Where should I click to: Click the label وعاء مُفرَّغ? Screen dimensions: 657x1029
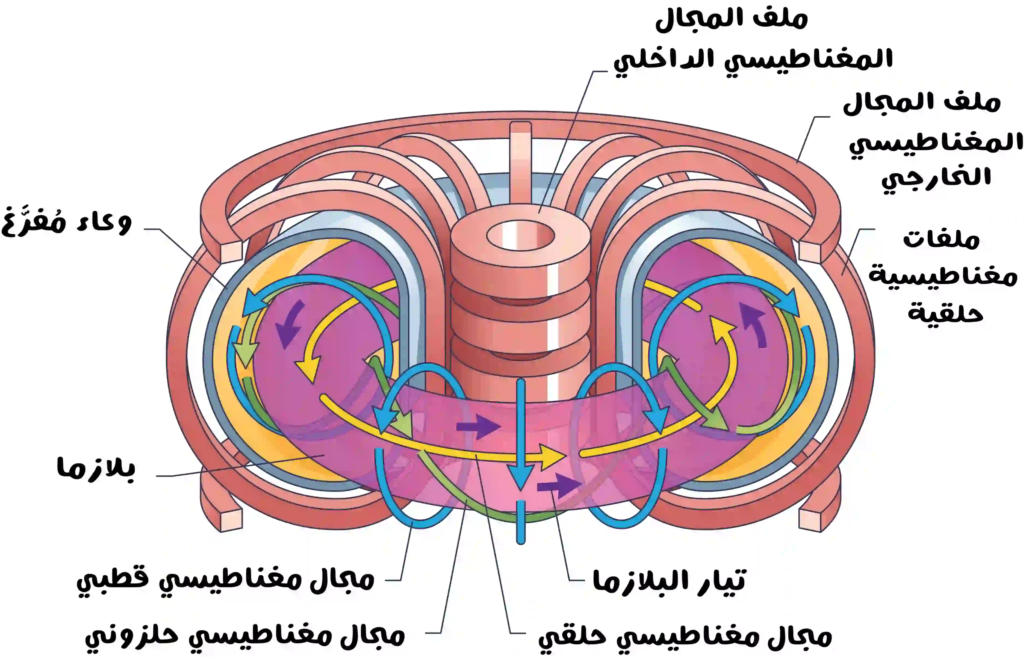(x=66, y=222)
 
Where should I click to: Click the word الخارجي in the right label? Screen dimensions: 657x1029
(x=936, y=177)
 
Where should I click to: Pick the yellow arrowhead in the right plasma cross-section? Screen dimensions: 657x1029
(x=722, y=327)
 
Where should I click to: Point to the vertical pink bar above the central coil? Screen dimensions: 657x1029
(x=520, y=162)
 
